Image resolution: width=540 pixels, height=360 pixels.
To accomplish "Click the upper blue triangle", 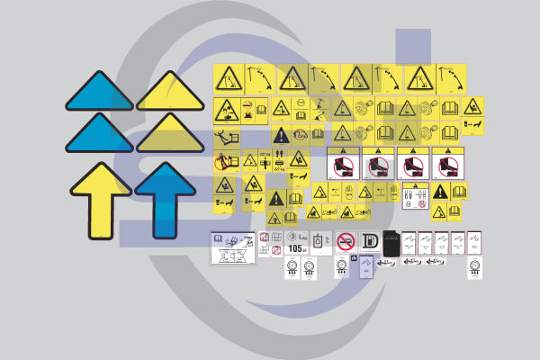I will [100, 94].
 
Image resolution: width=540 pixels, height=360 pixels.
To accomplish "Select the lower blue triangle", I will [100, 135].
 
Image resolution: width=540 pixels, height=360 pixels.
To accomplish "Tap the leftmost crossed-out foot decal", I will [343, 164].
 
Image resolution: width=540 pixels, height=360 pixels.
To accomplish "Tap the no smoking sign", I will [346, 242].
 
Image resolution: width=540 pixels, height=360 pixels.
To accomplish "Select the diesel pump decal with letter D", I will [369, 242].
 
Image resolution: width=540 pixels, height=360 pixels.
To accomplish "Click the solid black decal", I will [391, 243].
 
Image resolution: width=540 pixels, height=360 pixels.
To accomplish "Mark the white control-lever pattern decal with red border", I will [265, 243].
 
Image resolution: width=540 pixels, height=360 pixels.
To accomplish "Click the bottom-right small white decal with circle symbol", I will [474, 267].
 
